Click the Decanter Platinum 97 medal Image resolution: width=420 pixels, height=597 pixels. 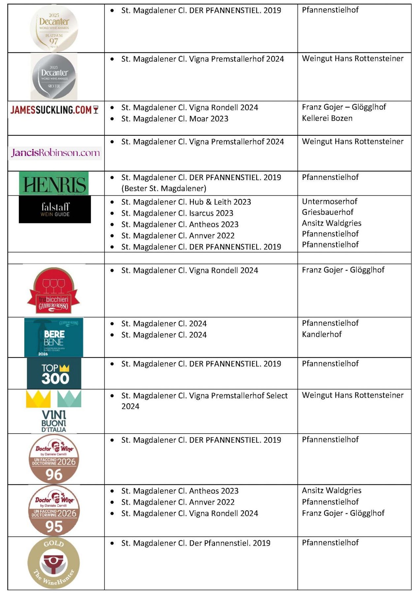54,28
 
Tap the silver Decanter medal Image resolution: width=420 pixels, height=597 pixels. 54,77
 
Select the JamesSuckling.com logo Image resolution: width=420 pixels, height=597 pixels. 54,110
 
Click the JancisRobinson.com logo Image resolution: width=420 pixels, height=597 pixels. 55,153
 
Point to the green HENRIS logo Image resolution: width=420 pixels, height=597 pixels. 54,183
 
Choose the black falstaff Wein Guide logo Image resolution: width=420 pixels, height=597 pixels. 55,210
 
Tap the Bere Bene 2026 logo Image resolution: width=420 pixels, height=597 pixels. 54,337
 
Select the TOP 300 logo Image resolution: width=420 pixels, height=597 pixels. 54,374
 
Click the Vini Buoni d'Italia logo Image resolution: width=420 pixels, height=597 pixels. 54,412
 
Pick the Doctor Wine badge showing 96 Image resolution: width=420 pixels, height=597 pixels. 54,459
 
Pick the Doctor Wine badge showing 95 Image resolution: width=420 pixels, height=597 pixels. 54,510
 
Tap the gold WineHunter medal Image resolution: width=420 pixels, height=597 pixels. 54,563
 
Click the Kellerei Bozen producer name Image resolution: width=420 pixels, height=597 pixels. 327,118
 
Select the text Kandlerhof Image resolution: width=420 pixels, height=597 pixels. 322,334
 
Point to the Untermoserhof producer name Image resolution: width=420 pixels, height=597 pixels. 330,201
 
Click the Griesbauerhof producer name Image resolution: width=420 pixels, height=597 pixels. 328,212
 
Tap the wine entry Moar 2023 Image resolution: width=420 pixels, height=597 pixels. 175,119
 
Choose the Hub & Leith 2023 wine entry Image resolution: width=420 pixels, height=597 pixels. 186,202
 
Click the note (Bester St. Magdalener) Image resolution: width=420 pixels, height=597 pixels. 164,188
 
